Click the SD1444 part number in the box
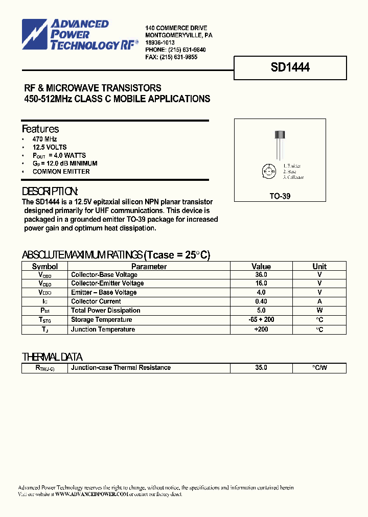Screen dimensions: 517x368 [290, 67]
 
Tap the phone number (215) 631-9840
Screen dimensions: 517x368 [183, 50]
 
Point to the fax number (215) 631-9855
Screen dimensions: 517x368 [178, 57]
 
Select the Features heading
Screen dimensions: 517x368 [40, 129]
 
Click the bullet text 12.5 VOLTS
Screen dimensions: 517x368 [50, 147]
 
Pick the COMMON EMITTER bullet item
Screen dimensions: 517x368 [61, 172]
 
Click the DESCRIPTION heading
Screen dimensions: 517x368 [50, 192]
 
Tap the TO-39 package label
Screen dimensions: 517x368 [280, 196]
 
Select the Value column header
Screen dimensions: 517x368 [261, 266]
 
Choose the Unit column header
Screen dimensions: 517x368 [319, 266]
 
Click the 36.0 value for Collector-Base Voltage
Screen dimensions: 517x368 [261, 274]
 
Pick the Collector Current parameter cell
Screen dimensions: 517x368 [96, 301]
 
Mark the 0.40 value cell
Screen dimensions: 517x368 [261, 301]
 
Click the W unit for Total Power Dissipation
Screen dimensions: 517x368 [319, 310]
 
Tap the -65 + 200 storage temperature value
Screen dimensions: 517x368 [261, 320]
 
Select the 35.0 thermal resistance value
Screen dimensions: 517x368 [261, 368]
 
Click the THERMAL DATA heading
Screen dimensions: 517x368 [52, 357]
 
